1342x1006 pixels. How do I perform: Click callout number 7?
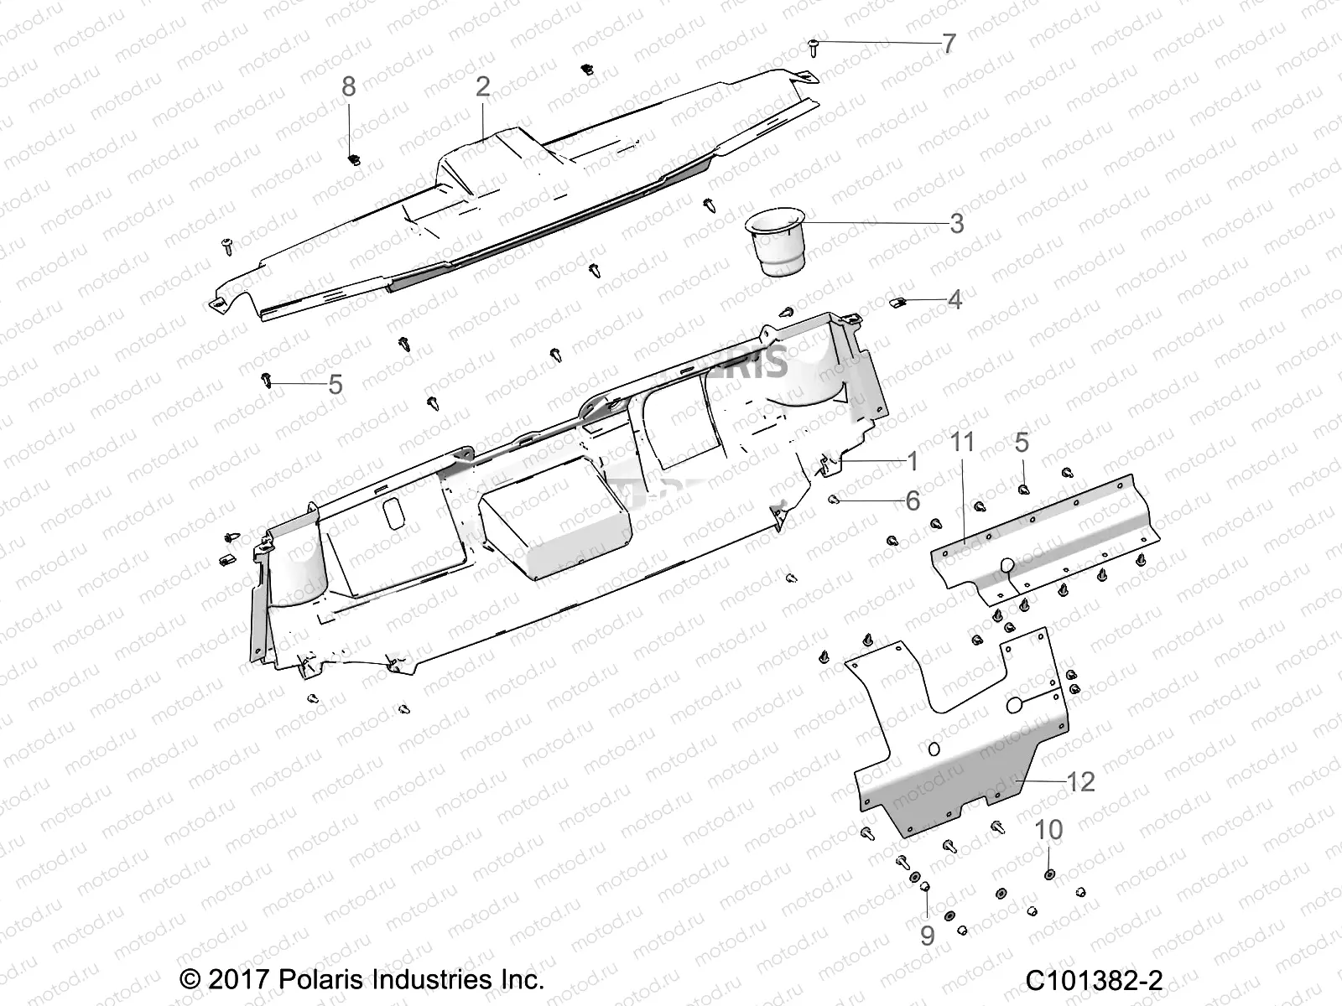(949, 44)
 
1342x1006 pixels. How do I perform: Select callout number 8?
(349, 86)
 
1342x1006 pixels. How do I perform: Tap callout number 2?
(482, 87)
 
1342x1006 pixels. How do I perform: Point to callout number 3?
(956, 224)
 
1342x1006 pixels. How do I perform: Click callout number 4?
(954, 299)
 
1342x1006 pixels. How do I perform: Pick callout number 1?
(912, 461)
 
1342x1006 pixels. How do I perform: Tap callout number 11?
(962, 442)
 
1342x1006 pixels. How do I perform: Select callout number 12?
(1081, 781)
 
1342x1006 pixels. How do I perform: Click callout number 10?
(1048, 830)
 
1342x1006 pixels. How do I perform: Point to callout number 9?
(927, 935)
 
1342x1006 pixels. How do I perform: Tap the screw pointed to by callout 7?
(814, 46)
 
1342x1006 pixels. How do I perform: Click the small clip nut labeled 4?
(896, 302)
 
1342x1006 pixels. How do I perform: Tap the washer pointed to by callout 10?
(1050, 875)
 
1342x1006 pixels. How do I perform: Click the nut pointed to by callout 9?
(926, 887)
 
